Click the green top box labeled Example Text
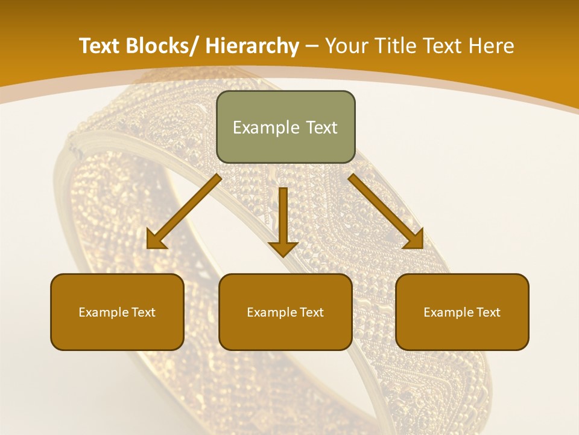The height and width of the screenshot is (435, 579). click(x=285, y=127)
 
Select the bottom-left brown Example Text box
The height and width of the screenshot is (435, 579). click(x=117, y=312)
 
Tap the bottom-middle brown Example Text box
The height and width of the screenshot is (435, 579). click(x=285, y=312)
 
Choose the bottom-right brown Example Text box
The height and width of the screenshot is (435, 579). click(x=462, y=312)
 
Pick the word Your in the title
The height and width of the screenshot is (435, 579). click(x=345, y=46)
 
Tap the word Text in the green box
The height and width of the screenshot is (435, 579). click(x=320, y=127)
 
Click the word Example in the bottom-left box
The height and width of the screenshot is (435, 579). click(x=100, y=312)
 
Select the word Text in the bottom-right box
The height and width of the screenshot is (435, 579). click(x=488, y=312)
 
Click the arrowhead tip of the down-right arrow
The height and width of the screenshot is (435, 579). click(x=422, y=247)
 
